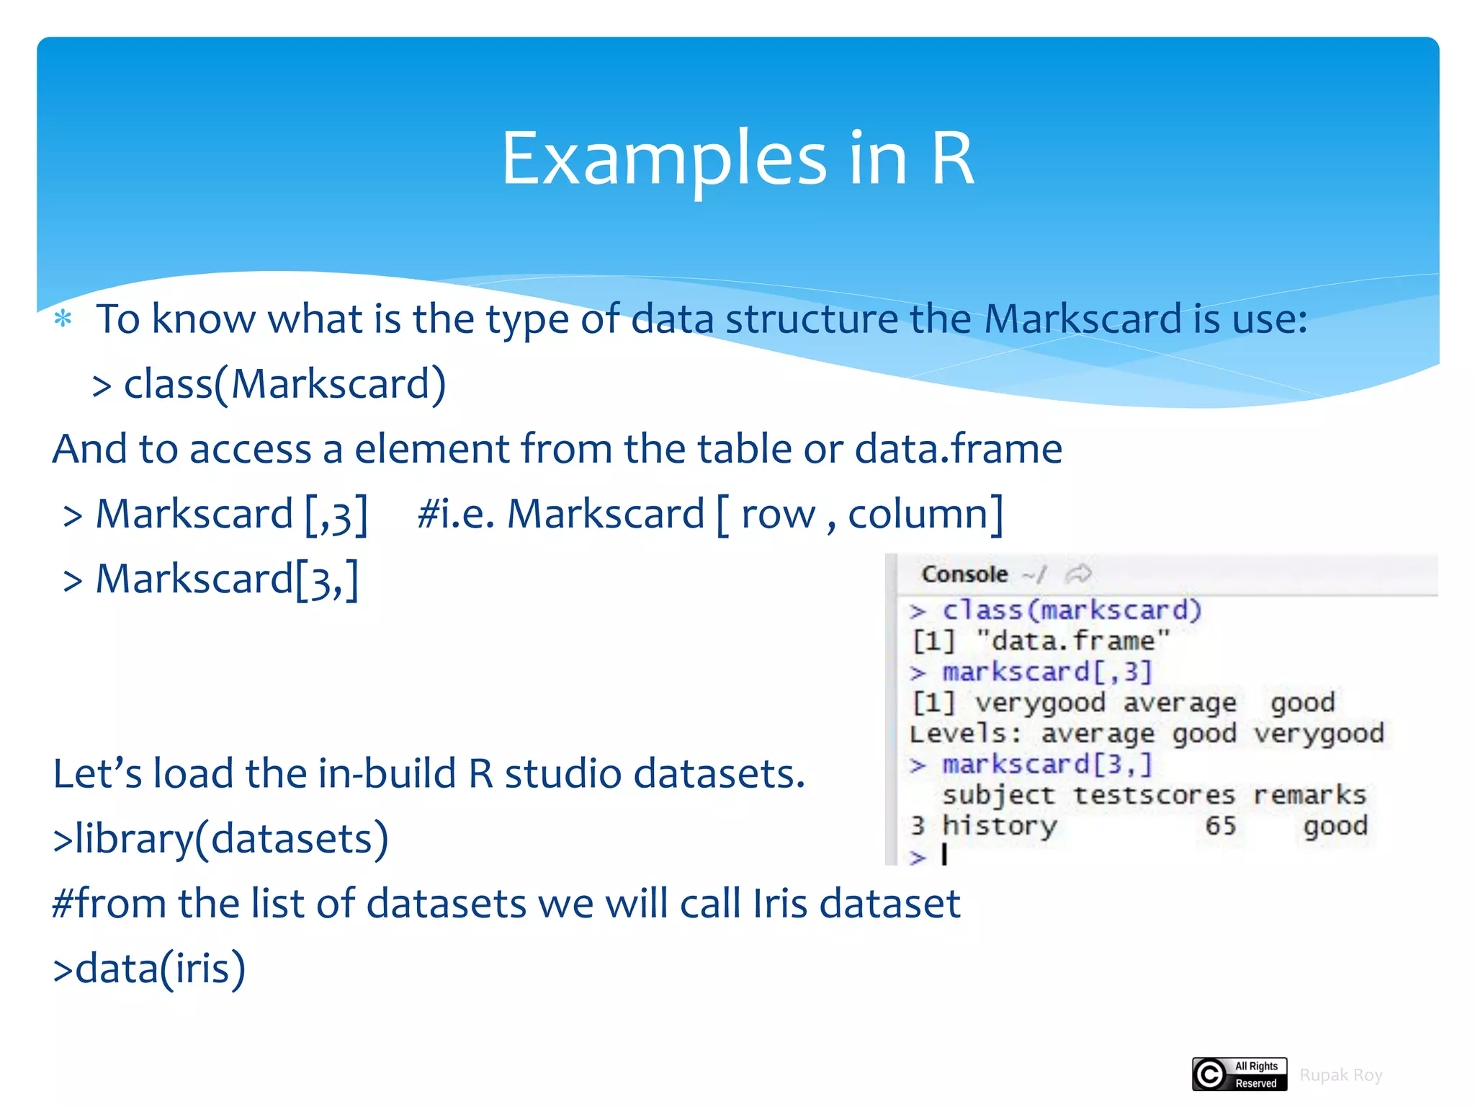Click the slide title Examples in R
(x=737, y=159)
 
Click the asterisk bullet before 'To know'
(x=63, y=319)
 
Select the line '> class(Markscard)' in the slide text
(x=269, y=383)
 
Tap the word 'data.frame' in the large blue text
(x=958, y=448)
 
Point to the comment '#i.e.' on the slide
(x=455, y=514)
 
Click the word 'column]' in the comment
(x=925, y=514)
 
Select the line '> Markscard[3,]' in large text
(x=210, y=579)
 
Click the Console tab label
(x=964, y=574)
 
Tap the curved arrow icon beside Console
(x=1078, y=574)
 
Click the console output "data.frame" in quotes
(x=1073, y=641)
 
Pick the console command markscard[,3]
(x=1047, y=672)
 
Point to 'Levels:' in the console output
(x=965, y=734)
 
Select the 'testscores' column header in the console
(x=1154, y=795)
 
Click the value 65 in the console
(x=1220, y=825)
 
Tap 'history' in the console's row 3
(x=1000, y=825)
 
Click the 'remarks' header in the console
(x=1309, y=795)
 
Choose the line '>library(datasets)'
(x=220, y=838)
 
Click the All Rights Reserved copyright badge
(x=1239, y=1074)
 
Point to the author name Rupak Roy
(x=1340, y=1075)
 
